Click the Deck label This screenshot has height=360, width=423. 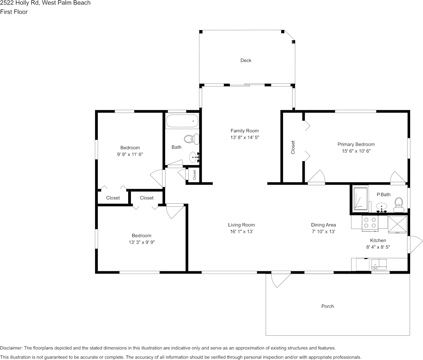tap(246, 61)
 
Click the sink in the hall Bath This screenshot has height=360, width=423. tap(194, 156)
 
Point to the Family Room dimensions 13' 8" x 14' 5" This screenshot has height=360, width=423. tap(245, 138)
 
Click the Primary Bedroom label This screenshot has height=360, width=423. tap(356, 144)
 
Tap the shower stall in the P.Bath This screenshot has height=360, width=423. tap(360, 198)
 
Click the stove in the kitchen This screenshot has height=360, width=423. tap(369, 223)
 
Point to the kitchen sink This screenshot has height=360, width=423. tap(379, 264)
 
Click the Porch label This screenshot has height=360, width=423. tap(328, 306)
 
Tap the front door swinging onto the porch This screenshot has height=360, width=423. tap(279, 280)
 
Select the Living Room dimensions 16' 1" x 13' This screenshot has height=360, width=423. tap(241, 231)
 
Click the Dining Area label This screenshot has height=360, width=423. tap(323, 225)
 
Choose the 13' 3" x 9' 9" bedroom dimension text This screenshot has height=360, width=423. tap(142, 242)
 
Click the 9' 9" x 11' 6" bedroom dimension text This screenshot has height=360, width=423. tap(130, 154)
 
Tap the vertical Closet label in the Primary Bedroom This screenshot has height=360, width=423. tap(293, 148)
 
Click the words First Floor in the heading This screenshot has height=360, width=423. tap(14, 12)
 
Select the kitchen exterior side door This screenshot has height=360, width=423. tap(414, 245)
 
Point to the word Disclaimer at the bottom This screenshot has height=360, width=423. tap(11, 348)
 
